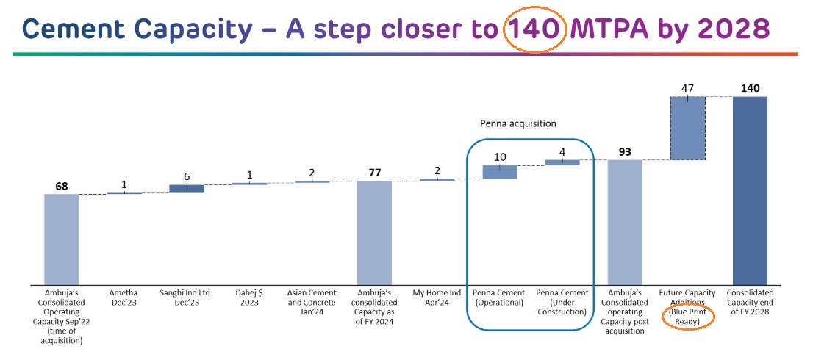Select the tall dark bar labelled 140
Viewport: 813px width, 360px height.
(750, 190)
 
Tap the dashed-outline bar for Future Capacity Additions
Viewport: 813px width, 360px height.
(687, 129)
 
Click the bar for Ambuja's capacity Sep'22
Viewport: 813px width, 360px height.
(62, 240)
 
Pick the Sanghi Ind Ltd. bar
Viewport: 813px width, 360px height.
(187, 189)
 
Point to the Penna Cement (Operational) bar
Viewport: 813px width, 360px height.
(500, 172)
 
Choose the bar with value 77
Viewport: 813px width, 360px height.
(374, 233)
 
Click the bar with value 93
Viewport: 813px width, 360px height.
(625, 222)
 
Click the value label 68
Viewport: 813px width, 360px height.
(62, 185)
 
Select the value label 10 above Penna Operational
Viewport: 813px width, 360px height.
(500, 157)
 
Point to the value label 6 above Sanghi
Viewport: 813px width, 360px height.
(187, 176)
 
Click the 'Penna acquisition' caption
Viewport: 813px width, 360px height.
(517, 124)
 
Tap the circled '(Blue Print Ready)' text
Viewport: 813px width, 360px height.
(687, 317)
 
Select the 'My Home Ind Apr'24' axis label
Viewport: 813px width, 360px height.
(437, 298)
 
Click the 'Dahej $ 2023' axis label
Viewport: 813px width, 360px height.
(249, 298)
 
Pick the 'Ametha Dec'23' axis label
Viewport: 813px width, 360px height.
(124, 298)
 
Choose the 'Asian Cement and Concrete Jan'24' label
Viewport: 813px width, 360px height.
(312, 303)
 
